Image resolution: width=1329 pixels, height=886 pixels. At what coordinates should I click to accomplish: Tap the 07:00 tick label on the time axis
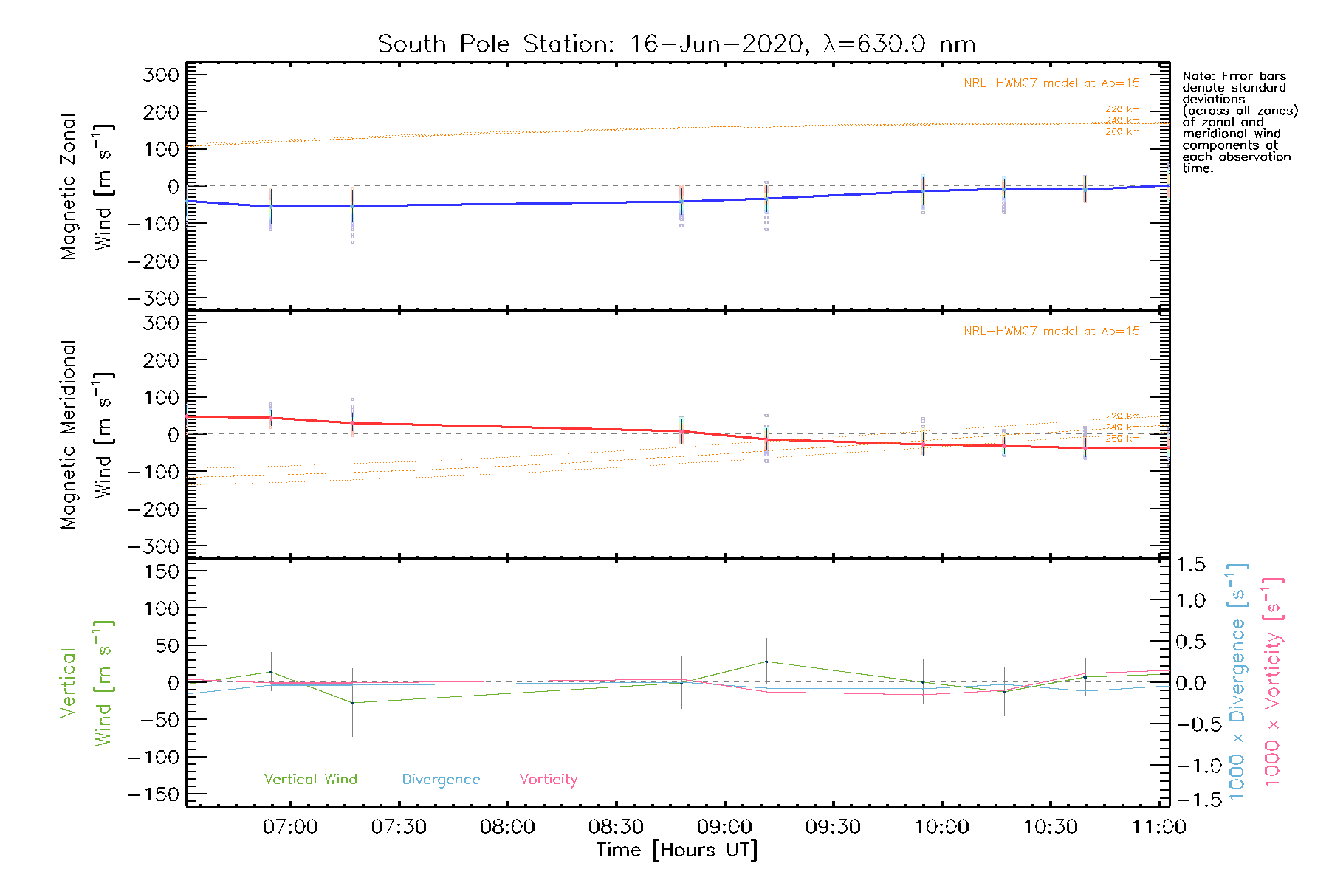(x=290, y=826)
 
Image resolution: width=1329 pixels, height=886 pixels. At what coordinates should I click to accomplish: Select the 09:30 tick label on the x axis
(x=833, y=826)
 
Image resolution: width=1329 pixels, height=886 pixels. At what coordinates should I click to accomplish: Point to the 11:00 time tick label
(x=1158, y=826)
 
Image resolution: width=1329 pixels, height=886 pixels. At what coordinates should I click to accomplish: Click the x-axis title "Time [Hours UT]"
(x=677, y=850)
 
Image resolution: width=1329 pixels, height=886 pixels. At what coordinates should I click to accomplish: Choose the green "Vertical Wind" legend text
(x=310, y=780)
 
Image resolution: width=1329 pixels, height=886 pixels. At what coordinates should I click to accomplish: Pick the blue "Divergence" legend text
(x=441, y=780)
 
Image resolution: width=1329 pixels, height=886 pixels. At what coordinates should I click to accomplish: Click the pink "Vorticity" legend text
(x=548, y=780)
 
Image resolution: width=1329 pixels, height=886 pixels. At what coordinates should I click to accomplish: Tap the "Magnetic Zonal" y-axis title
(x=68, y=187)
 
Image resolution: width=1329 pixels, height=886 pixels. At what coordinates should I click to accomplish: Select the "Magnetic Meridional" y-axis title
(x=68, y=435)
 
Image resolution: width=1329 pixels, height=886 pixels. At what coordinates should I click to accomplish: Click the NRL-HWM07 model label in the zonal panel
(x=1051, y=83)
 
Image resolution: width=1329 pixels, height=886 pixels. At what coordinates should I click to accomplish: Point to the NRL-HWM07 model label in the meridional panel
(x=1051, y=332)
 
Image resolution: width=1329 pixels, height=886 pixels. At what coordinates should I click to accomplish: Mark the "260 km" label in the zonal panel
(x=1122, y=132)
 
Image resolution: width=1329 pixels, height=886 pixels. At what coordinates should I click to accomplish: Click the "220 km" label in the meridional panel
(x=1122, y=416)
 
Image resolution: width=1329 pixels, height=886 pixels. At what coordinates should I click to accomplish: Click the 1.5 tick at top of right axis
(x=1190, y=565)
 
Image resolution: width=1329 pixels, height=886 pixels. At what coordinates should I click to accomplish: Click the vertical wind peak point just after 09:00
(x=766, y=662)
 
